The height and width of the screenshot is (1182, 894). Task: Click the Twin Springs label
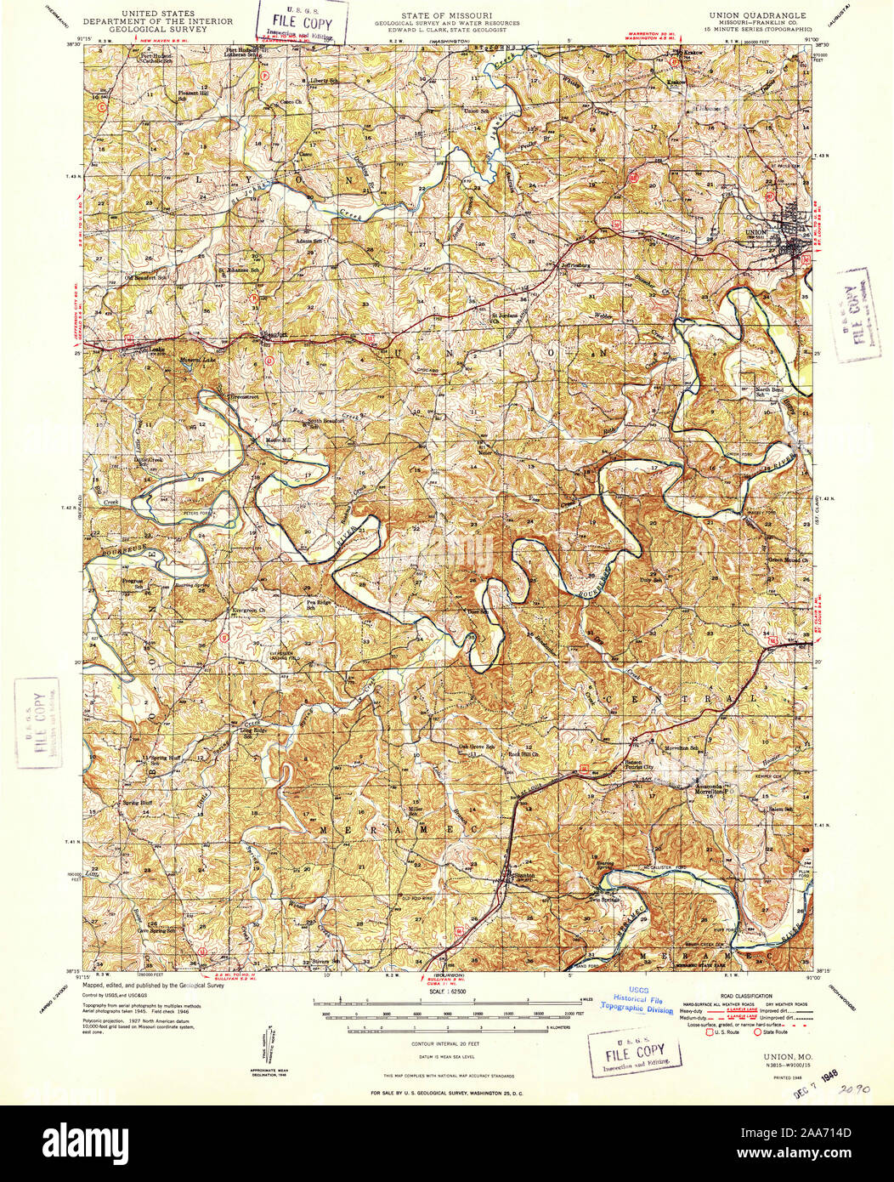click(604, 899)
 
